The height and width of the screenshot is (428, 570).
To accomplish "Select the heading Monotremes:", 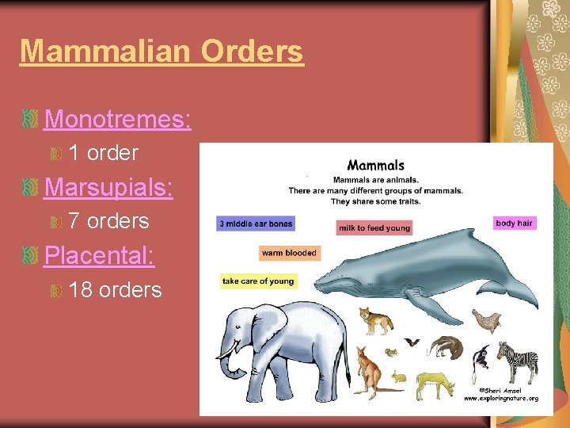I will (117, 119).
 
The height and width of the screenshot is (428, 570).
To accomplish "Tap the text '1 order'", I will (103, 152).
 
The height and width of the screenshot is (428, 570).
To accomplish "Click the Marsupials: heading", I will (109, 187).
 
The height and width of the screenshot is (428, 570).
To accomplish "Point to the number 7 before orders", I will (75, 220).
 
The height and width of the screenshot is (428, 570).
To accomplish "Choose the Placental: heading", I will (99, 255).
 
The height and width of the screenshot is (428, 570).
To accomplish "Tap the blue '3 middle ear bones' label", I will (256, 224).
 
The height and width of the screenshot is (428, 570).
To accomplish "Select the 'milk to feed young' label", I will (374, 228).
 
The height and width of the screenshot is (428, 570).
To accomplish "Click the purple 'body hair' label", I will (514, 224).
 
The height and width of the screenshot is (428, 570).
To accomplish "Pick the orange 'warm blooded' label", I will (289, 254).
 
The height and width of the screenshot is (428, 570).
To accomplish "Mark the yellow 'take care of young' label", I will (257, 281).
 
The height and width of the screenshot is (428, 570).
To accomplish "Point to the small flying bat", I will (412, 342).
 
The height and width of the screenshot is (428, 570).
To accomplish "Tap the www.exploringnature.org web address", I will (500, 398).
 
